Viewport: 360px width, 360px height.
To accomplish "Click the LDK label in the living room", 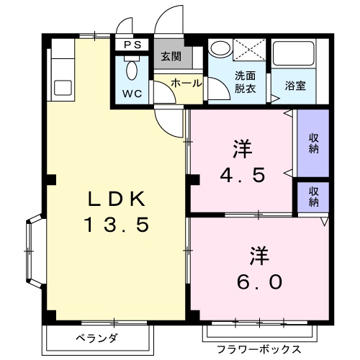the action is coord(117,199).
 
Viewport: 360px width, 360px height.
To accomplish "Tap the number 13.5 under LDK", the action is coord(117,225).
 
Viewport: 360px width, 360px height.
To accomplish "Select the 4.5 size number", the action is coord(243,175).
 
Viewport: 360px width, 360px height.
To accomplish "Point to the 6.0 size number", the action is coord(259,282).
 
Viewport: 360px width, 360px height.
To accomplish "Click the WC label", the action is coord(132,94).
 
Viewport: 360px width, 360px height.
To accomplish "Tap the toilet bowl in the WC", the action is coord(132,71).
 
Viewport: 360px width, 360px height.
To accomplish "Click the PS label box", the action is coord(132,45).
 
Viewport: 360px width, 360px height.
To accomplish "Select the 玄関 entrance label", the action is coord(171,57).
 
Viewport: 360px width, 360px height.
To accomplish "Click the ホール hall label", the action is coord(186,83).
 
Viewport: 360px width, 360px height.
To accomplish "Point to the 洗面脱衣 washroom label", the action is coord(245,82).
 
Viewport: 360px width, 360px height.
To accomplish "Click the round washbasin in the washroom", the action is coord(220,49).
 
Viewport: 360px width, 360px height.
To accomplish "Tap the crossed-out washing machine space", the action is coord(250,50).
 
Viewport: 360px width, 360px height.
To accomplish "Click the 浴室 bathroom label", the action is coord(295,86).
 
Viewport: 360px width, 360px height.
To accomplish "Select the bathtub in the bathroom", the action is coord(294,53).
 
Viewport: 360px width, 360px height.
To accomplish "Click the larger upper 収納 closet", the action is coord(313,143).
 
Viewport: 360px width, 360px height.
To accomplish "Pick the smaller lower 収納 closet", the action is coord(313,197).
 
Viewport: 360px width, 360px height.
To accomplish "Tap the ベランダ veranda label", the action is coord(97,338).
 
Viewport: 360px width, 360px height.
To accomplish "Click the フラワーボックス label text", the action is coord(259,349).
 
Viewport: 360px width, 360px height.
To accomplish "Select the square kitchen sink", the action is coord(63,88).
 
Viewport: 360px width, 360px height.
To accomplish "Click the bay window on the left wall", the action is coord(35,251).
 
